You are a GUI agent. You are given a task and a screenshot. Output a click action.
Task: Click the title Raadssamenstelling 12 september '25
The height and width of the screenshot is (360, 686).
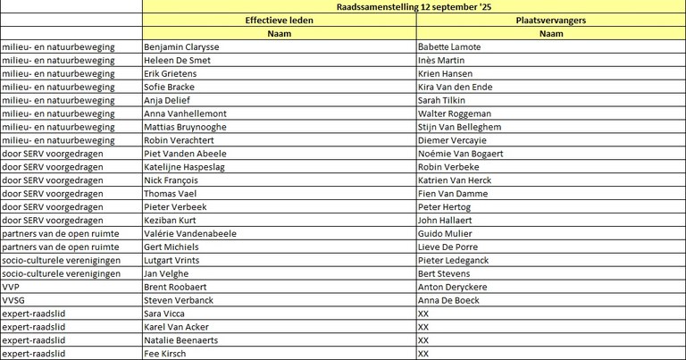tap(414, 6)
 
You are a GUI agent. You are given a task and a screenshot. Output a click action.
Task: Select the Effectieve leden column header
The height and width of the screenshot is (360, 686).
tap(279, 20)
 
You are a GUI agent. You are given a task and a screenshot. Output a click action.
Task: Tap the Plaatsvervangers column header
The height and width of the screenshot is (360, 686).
tap(551, 20)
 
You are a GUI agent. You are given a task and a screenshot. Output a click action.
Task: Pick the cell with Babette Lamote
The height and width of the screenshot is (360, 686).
tap(449, 46)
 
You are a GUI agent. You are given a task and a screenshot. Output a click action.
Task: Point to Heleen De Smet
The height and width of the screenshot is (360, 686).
tap(176, 60)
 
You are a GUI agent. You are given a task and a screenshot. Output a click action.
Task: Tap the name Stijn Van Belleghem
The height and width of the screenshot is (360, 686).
tap(459, 127)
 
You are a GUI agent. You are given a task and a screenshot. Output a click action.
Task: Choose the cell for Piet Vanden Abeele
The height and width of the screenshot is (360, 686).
tap(186, 154)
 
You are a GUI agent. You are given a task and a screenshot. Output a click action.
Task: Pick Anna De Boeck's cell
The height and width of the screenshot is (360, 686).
tap(448, 300)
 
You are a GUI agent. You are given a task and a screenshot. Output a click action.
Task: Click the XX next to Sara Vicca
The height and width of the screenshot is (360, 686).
tap(423, 314)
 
